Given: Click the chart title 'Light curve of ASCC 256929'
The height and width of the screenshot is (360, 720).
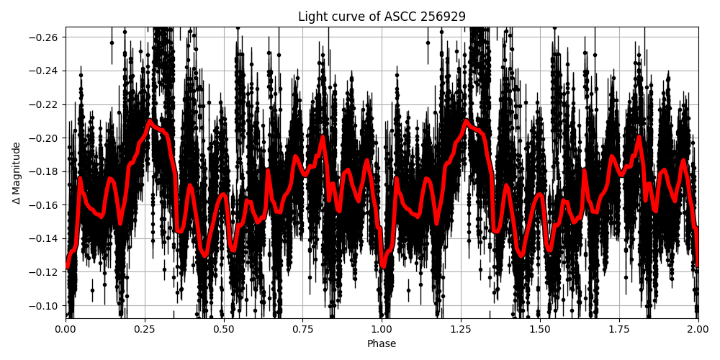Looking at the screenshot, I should [x=382, y=17].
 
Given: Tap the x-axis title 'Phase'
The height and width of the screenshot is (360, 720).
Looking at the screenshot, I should [x=382, y=344].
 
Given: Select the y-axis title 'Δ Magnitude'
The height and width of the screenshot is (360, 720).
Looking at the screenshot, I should [x=16, y=173].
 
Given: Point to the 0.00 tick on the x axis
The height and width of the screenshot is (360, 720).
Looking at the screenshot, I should [x=65, y=329].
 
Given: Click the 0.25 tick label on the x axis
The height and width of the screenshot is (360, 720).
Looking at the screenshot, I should [x=144, y=329].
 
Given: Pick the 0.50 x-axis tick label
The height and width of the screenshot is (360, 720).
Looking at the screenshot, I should [x=223, y=329].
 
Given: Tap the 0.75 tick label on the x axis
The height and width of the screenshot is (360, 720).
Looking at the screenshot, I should [x=302, y=329].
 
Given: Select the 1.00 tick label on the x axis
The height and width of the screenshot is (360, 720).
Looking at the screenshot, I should [x=382, y=329].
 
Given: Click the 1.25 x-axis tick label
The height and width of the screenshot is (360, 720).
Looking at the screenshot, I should [x=461, y=329].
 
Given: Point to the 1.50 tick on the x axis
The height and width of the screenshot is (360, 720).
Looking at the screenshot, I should [x=540, y=329].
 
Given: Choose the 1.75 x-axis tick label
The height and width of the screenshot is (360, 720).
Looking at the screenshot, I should [x=619, y=329].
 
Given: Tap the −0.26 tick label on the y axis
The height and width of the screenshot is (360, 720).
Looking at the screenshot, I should [x=45, y=37].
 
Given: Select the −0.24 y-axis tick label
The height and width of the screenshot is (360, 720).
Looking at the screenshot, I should [x=45, y=71].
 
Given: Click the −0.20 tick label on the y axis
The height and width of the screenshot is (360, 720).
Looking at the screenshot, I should [x=45, y=138].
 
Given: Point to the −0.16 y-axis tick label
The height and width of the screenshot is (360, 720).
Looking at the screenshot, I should [x=45, y=205].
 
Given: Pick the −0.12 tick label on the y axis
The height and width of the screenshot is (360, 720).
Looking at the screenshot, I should [x=45, y=272].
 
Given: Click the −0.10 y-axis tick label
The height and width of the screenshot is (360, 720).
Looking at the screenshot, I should [x=45, y=305].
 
